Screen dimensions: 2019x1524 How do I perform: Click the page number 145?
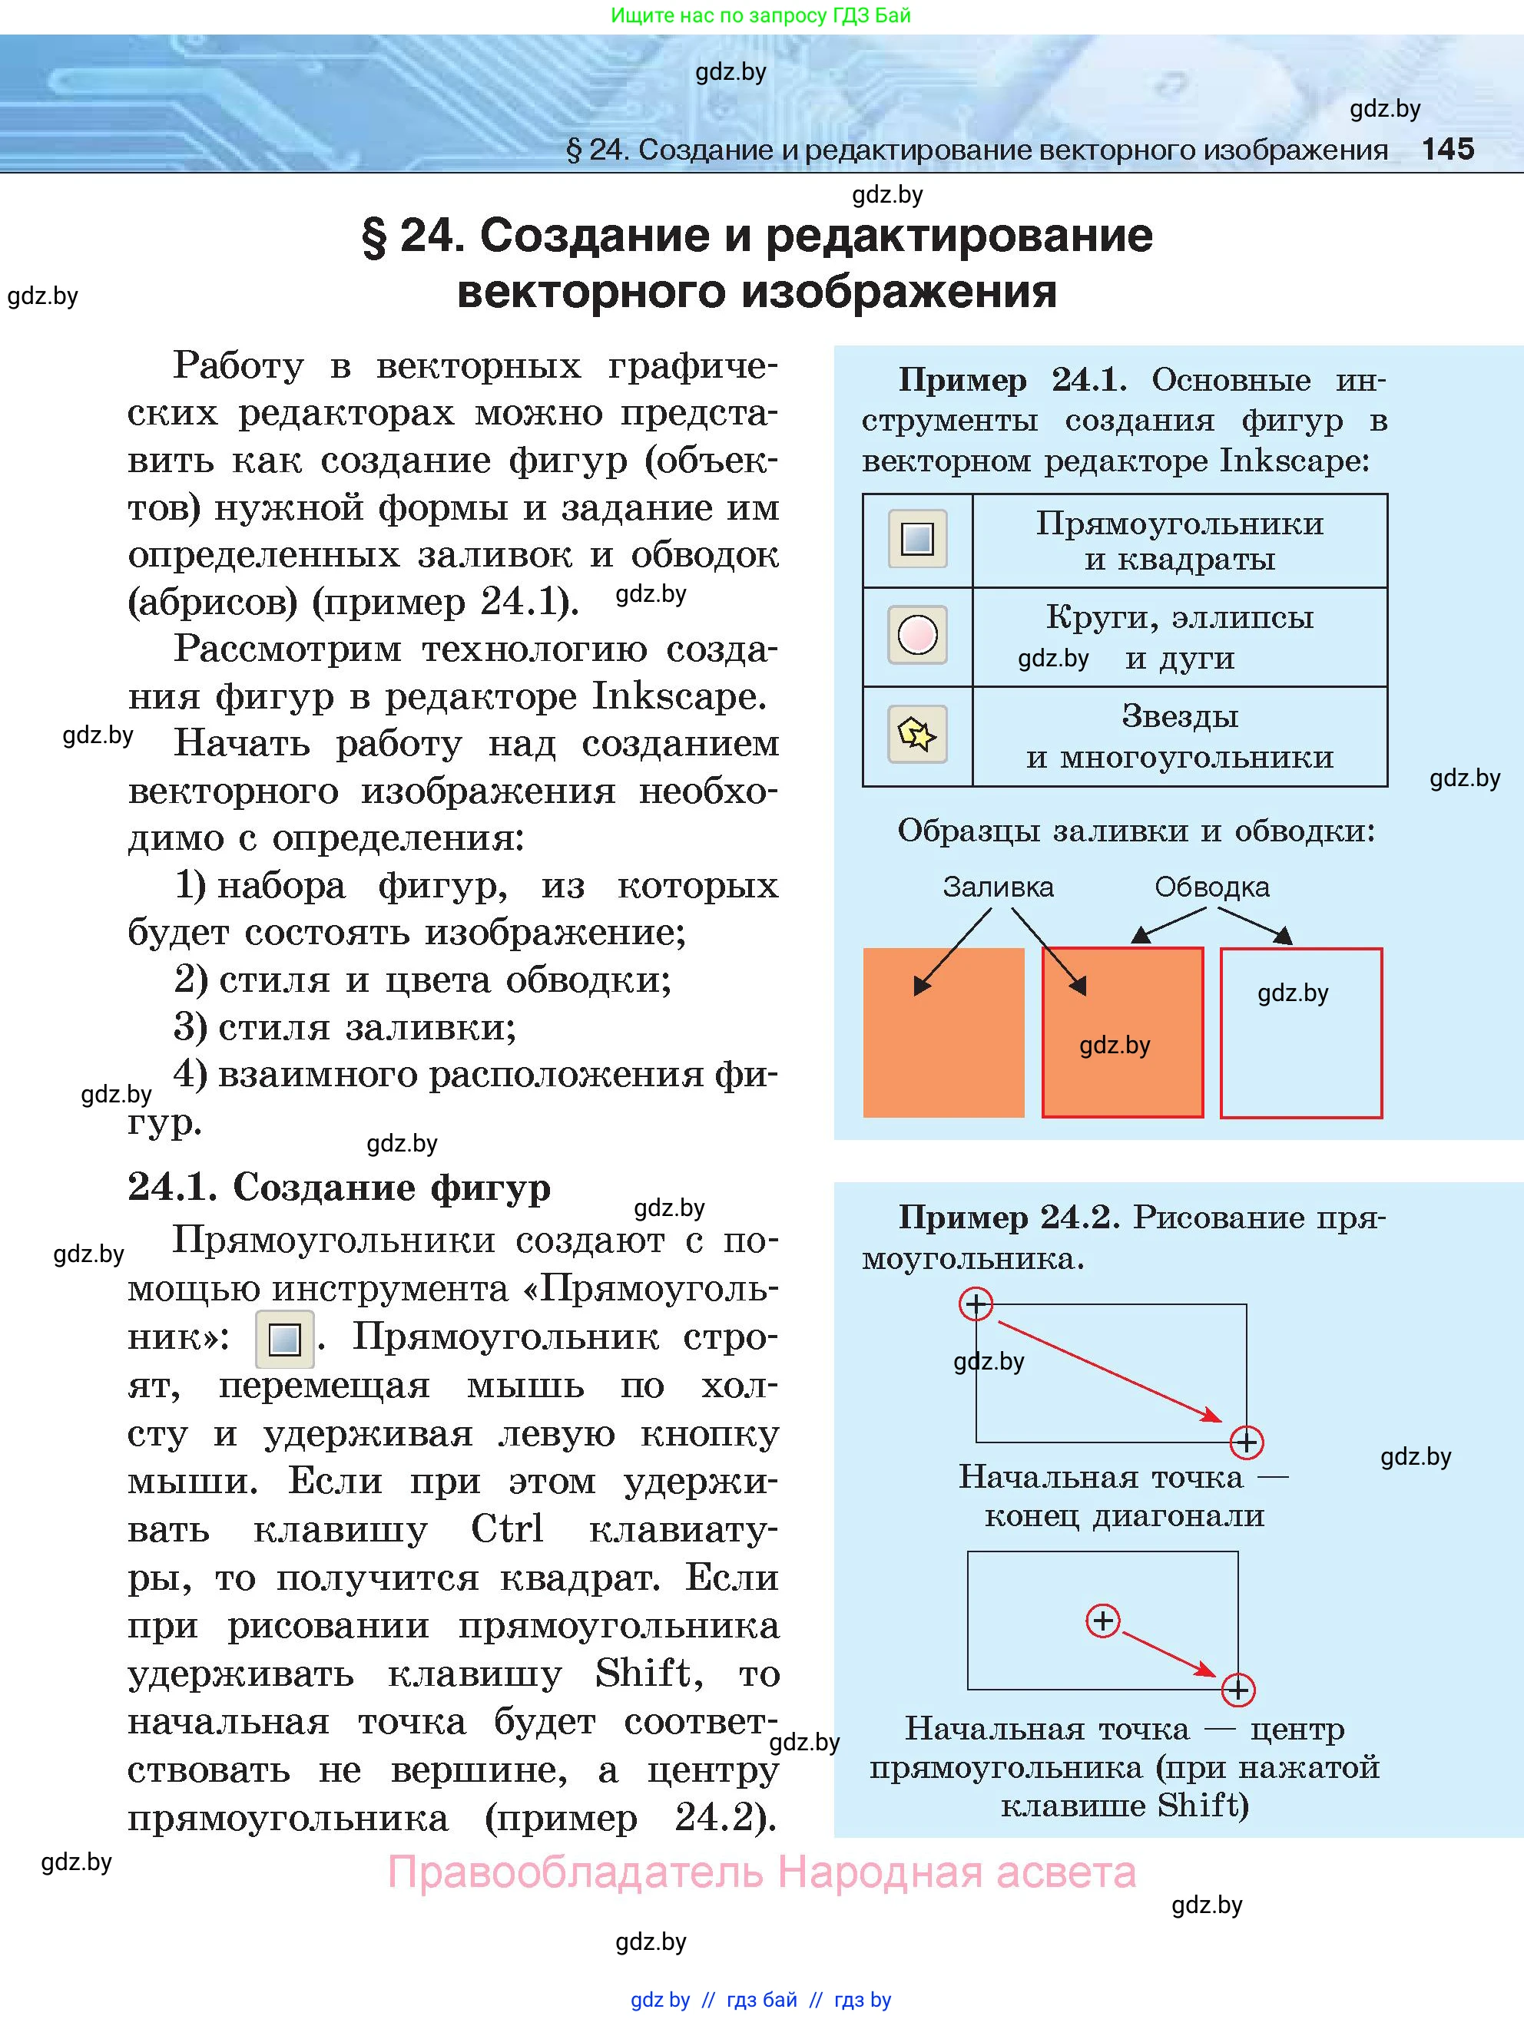click(1447, 149)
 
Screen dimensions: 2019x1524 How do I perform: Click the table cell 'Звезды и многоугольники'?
click(1179, 735)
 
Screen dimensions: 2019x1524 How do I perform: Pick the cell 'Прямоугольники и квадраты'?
click(1179, 540)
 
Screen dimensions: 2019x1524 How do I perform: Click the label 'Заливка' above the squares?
click(997, 886)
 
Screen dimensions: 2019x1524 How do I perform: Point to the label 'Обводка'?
click(1211, 886)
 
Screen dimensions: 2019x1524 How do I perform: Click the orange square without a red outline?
click(943, 1033)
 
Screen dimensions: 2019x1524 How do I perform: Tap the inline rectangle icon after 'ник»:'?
click(284, 1339)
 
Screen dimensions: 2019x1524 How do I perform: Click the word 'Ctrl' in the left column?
click(507, 1528)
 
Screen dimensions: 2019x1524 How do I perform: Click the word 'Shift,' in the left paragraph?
click(648, 1673)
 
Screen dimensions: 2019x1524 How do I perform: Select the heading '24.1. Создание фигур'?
click(339, 1187)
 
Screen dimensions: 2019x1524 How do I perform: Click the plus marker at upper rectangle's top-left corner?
click(976, 1304)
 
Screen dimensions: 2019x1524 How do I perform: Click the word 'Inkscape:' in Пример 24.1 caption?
click(1294, 460)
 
